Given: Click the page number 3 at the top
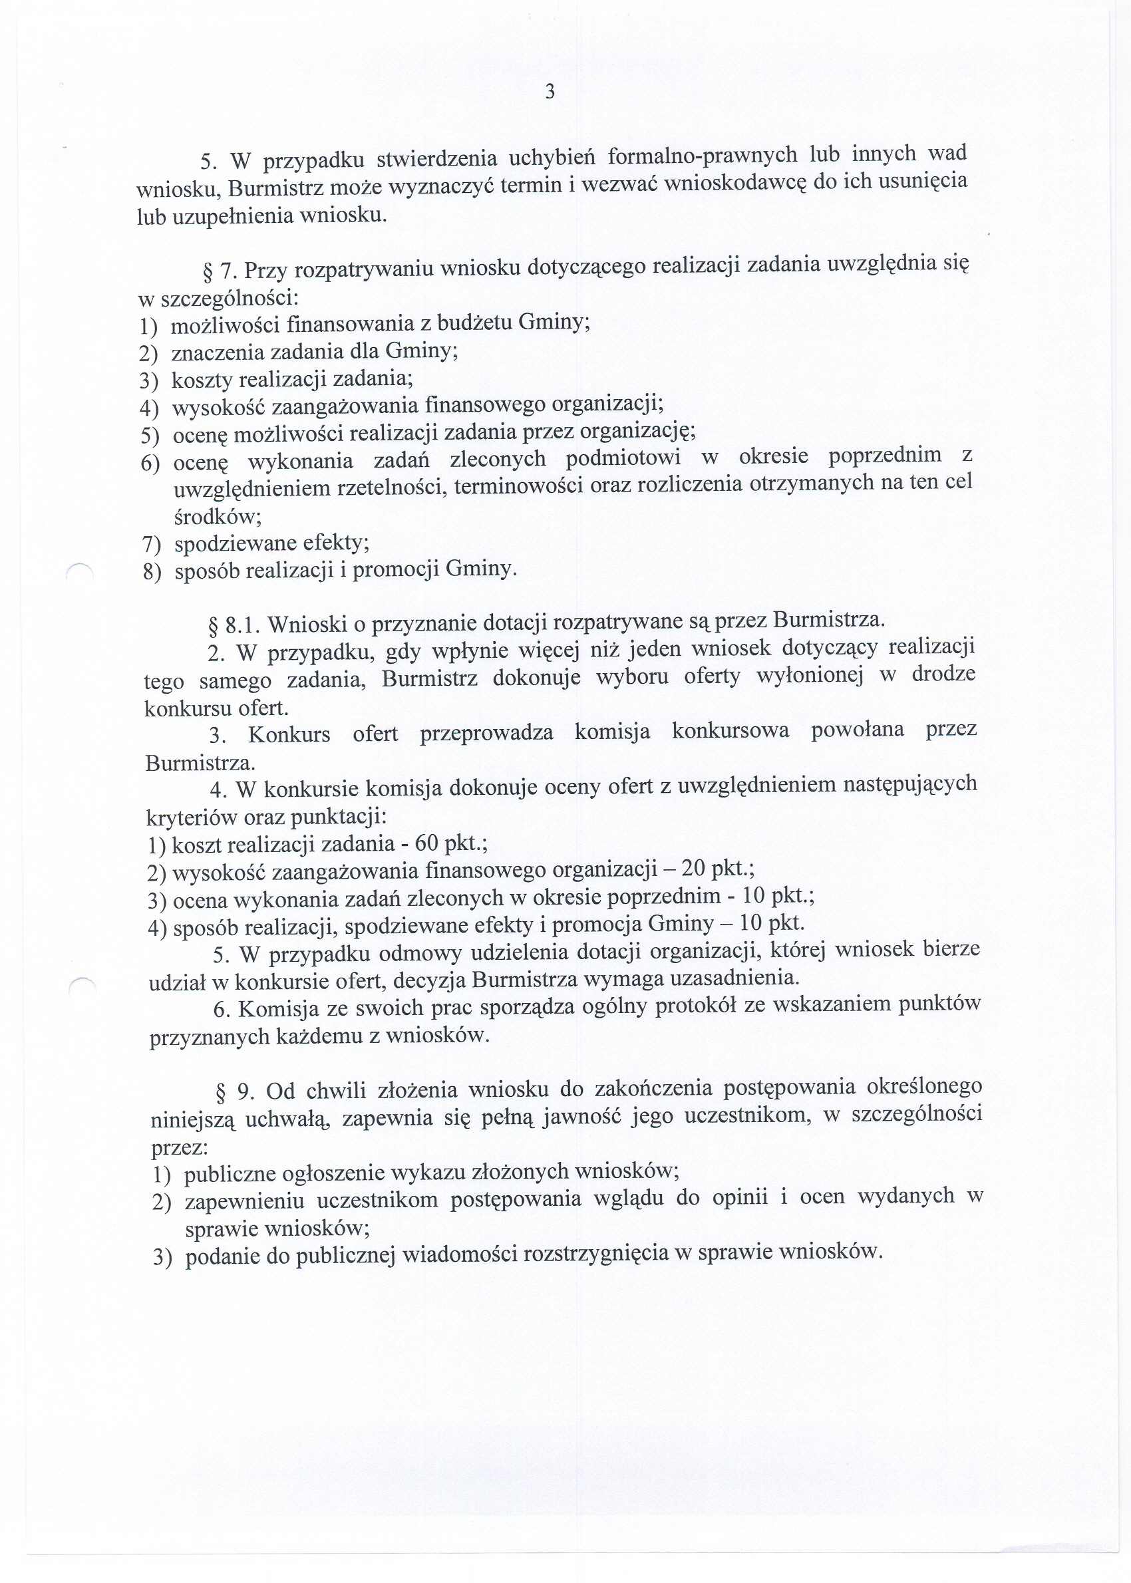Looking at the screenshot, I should [550, 92].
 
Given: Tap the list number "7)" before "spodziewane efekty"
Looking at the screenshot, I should [151, 543].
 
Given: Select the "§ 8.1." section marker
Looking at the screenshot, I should [234, 625].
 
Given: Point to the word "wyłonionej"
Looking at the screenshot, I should [809, 674].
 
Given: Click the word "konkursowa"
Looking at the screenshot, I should [730, 730].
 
